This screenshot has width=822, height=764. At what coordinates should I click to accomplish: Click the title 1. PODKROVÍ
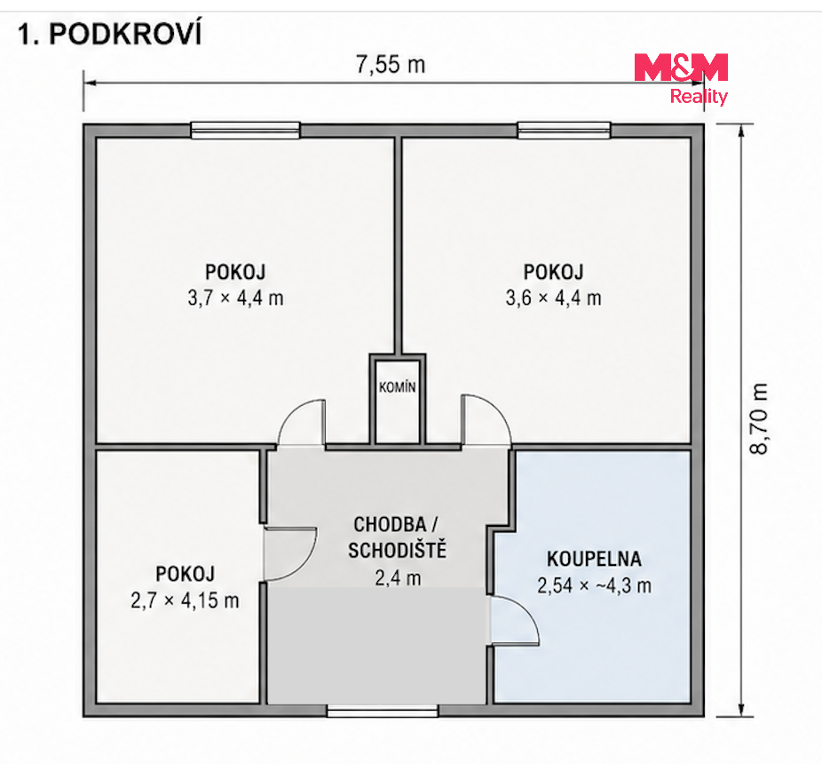point(109,35)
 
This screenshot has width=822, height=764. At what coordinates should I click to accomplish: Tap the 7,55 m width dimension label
point(391,65)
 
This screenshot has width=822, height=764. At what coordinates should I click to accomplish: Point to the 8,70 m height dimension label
point(759,418)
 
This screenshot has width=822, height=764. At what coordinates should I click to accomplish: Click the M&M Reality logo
point(681,79)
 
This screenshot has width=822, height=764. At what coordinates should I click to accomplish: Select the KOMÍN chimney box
point(398,400)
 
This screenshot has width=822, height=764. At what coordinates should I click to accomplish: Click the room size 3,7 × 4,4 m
point(236,298)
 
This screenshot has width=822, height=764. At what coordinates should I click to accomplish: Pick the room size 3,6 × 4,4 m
point(554,298)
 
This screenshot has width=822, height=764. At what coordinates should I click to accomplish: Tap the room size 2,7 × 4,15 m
point(185,601)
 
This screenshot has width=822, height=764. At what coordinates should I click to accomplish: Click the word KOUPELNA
point(594,559)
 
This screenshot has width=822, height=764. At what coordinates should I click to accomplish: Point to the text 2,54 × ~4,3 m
point(594,585)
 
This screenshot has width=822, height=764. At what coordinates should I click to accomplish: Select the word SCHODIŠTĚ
point(398,551)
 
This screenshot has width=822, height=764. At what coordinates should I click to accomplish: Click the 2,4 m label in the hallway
point(398,577)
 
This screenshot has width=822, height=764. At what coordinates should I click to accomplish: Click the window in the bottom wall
point(383,711)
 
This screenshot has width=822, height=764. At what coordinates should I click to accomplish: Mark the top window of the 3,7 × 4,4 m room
point(245,130)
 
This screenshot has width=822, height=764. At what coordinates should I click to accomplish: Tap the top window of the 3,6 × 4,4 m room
point(564,130)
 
